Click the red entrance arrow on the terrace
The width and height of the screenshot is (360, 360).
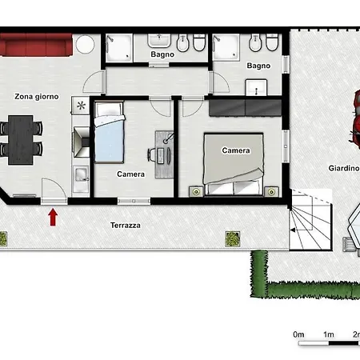click(x=54, y=217)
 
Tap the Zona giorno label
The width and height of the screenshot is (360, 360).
click(x=37, y=97)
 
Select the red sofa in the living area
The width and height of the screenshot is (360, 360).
click(x=36, y=45)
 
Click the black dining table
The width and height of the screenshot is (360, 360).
click(x=21, y=140)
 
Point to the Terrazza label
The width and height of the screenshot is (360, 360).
click(x=126, y=226)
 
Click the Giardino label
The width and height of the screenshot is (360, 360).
click(x=343, y=168)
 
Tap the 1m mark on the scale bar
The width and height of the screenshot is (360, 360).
click(x=329, y=334)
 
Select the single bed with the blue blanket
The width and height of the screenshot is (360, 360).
click(x=110, y=132)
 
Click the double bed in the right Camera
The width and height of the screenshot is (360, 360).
click(x=234, y=164)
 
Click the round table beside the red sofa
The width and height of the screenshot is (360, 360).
click(x=85, y=44)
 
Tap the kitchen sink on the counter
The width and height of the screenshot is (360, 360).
click(x=81, y=174)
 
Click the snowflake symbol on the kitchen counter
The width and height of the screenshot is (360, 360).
click(x=81, y=106)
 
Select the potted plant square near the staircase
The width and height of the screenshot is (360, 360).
click(x=233, y=238)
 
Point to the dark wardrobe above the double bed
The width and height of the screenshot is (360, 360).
click(x=245, y=108)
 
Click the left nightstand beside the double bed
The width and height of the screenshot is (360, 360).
click(x=196, y=191)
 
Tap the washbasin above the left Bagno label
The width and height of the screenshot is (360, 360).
click(x=159, y=40)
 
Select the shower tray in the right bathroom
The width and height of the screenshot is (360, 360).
click(x=226, y=47)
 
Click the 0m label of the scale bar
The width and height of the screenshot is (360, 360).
click(x=298, y=334)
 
